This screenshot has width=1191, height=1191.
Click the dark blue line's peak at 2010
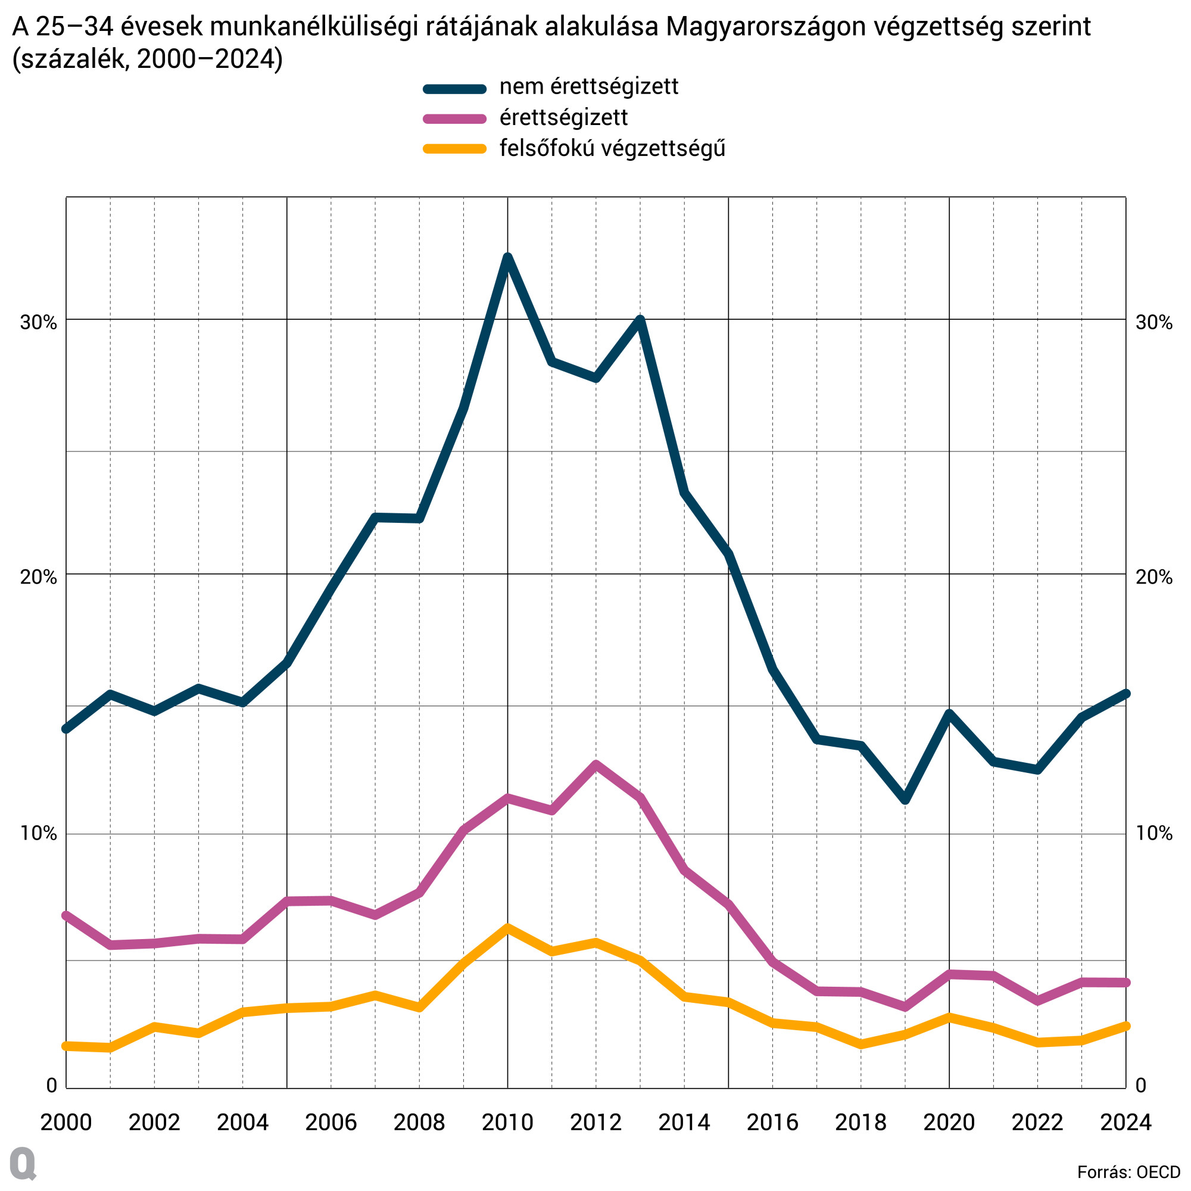pos(507,257)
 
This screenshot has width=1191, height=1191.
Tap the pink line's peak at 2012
pos(595,766)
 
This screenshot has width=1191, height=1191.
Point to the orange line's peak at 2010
pos(507,927)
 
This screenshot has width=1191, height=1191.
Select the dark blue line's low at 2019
pos(905,800)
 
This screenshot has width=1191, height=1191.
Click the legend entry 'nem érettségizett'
pos(588,87)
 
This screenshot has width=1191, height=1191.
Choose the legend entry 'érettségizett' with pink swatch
pos(563,118)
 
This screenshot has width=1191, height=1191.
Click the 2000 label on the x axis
pos(66,1122)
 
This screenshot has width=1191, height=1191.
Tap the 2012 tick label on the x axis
pos(595,1122)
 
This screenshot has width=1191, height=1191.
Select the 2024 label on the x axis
pos(1125,1122)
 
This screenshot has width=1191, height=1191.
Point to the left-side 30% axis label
pos(38,322)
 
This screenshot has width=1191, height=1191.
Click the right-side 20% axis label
pos(1154,577)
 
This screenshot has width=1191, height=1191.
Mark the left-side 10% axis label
pos(38,834)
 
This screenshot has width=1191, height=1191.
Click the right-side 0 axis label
pos(1141,1085)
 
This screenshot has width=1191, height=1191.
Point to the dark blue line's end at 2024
pos(1125,694)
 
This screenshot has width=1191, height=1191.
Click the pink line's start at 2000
pos(66,915)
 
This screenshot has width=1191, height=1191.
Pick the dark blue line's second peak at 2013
pos(640,320)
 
